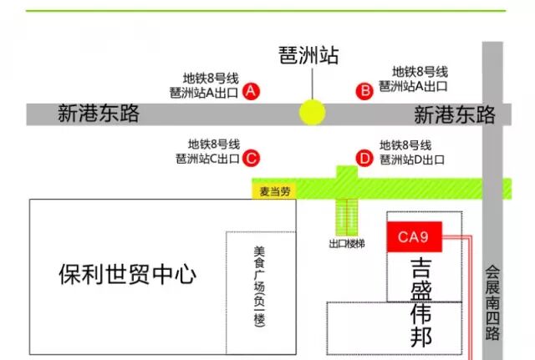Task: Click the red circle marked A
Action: (250, 92)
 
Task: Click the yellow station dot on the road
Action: (313, 112)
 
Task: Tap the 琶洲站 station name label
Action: (309, 56)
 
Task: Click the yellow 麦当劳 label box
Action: (273, 191)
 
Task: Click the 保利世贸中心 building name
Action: (127, 273)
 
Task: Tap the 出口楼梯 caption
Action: (347, 245)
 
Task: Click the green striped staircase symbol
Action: (346, 216)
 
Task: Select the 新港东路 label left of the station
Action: (99, 114)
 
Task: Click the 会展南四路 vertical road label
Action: (492, 302)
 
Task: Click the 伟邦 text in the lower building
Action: (423, 326)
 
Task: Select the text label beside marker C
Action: (209, 151)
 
